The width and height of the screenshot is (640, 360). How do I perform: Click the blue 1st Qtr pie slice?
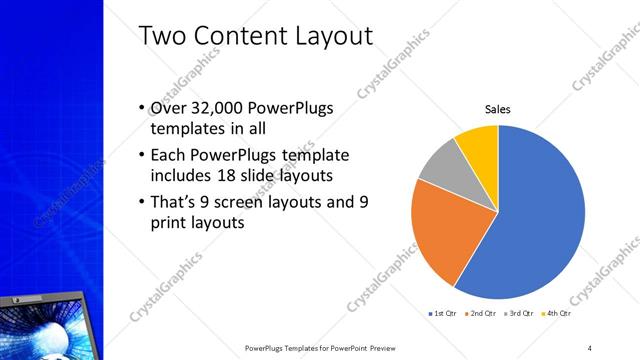pyautogui.click(x=540, y=220)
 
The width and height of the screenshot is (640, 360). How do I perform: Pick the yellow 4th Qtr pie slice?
pyautogui.click(x=479, y=145)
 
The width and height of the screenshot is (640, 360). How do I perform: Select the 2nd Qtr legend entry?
pyautogui.click(x=484, y=313)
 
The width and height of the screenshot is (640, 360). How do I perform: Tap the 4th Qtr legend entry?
pyautogui.click(x=556, y=313)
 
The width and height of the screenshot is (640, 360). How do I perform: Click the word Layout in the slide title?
pyautogui.click(x=325, y=37)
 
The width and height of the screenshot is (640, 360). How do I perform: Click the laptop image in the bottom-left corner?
pyautogui.click(x=50, y=320)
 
